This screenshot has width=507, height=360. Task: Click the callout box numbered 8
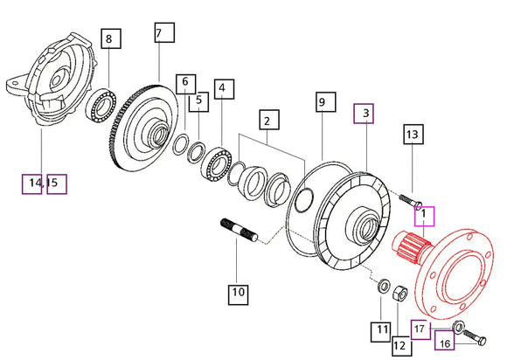111,38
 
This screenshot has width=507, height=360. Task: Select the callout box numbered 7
164,32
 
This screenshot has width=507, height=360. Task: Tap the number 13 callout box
413,134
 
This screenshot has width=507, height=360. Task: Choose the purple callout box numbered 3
364,114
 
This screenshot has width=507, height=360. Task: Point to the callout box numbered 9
325,101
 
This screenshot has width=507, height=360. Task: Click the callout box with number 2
269,120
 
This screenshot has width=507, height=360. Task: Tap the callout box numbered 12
402,346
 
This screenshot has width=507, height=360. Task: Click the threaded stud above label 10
239,230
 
